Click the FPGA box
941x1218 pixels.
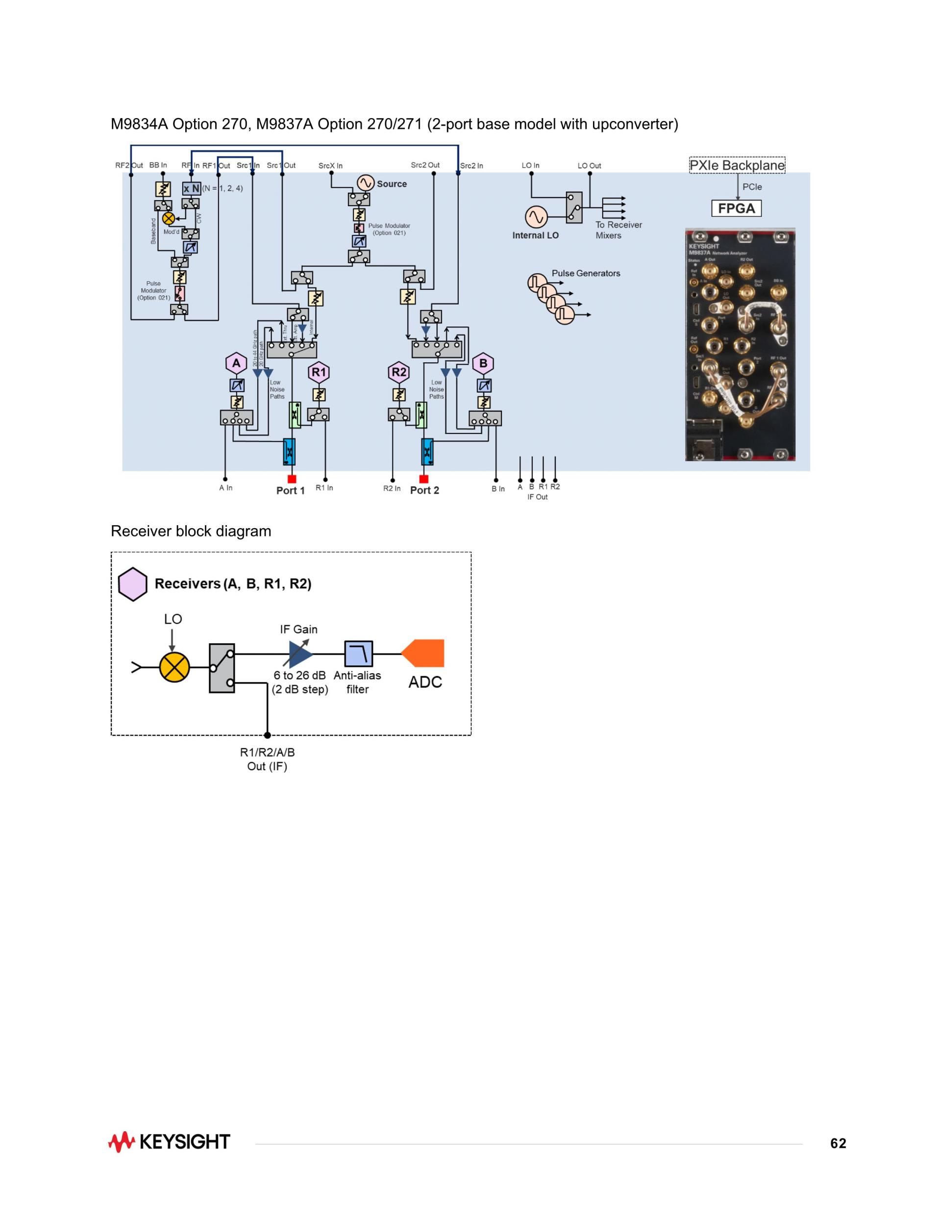click(x=736, y=208)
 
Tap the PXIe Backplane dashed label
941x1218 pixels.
click(x=737, y=165)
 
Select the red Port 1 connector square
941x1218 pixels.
click(x=292, y=479)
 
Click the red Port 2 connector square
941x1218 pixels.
click(x=423, y=479)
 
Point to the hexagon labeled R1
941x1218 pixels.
click(x=318, y=372)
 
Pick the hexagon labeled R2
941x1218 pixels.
click(x=399, y=372)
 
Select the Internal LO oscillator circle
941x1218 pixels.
click(x=536, y=217)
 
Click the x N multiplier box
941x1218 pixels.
click(x=191, y=188)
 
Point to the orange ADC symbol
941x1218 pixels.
click(x=423, y=653)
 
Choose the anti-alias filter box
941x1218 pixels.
click(x=358, y=654)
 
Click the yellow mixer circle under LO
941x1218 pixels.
click(x=174, y=667)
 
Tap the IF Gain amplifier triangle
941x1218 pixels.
click(x=300, y=654)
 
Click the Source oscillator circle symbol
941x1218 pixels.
click(x=365, y=183)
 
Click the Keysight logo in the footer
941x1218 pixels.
click(x=169, y=1142)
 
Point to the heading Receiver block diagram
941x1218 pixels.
click(x=191, y=531)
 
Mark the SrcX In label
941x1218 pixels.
click(x=331, y=166)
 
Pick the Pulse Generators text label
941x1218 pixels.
click(x=585, y=273)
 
